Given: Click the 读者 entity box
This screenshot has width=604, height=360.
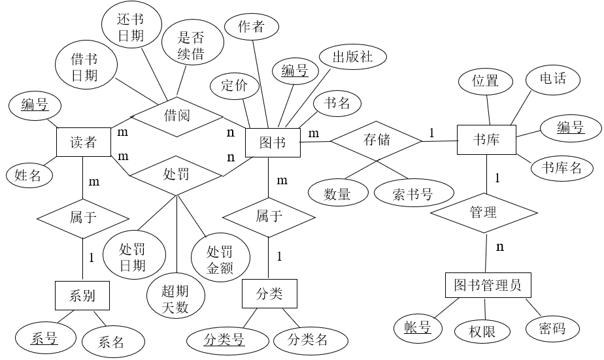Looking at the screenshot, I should point(82,142).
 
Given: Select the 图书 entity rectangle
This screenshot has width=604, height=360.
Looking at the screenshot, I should point(273,142).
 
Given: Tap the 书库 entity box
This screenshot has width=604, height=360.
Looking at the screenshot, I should point(486,140).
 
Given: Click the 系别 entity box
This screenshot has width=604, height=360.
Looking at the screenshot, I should point(82,295).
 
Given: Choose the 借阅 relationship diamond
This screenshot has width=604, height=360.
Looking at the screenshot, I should point(176,116).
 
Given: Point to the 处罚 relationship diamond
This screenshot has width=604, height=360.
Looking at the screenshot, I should point(176,174).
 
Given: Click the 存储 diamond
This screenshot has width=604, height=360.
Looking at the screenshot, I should point(376,139).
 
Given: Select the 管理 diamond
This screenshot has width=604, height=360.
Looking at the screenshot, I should point(484,212).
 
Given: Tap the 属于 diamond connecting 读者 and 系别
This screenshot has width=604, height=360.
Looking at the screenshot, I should point(83,217).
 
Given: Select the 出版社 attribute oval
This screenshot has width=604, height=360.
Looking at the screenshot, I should point(353,57).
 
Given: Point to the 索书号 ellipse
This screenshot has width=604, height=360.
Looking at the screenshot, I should point(413,193).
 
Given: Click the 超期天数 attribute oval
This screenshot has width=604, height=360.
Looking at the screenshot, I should point(176,299).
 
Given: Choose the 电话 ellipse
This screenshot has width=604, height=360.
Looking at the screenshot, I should point(553,79).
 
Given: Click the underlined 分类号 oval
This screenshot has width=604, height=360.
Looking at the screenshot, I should point(228,340).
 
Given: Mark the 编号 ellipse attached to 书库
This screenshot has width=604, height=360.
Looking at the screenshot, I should point(570,128).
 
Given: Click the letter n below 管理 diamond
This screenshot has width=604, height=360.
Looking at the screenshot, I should point(500,247).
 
